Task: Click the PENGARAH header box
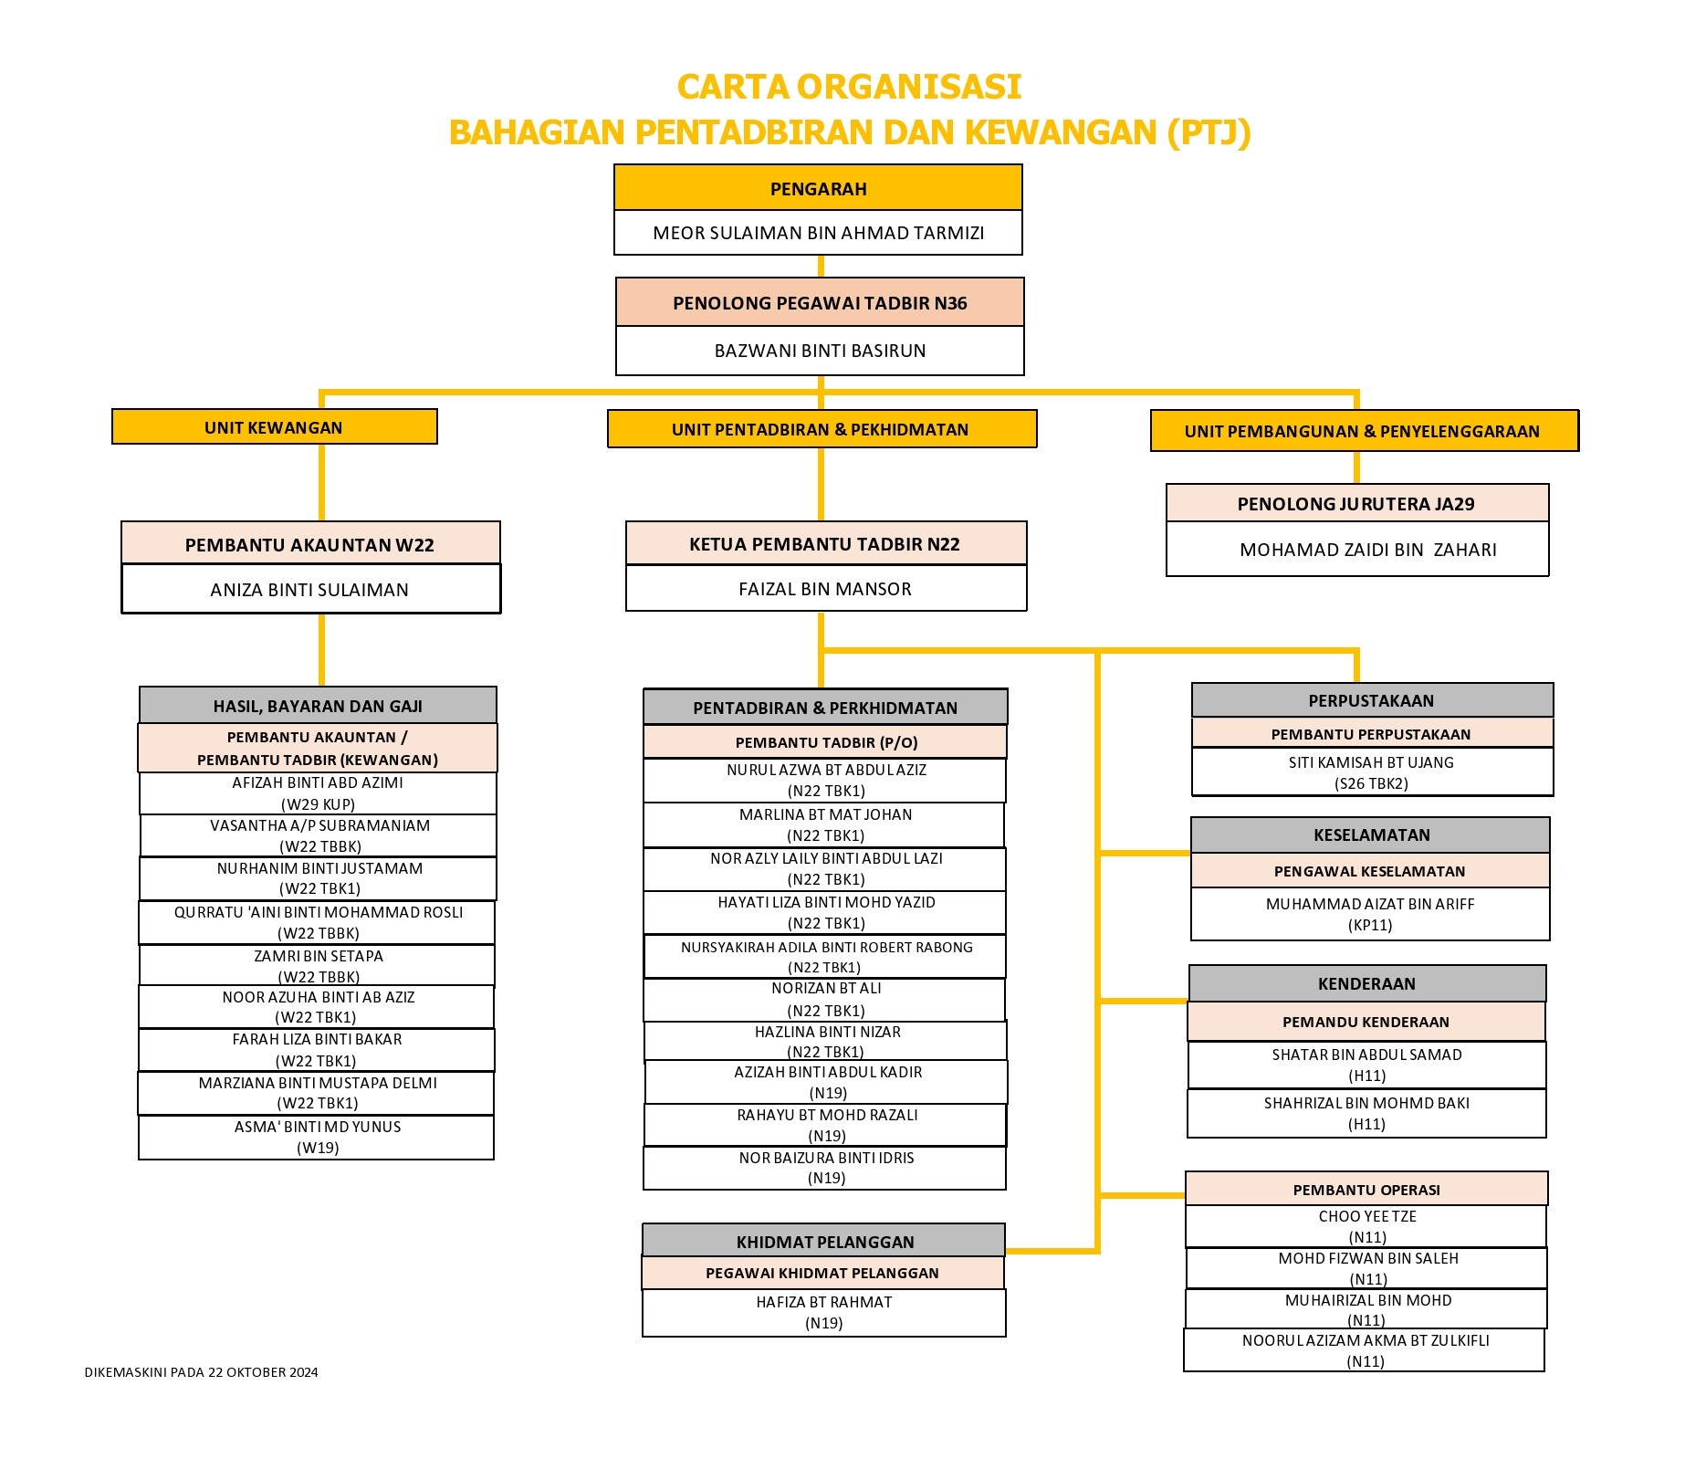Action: click(x=818, y=188)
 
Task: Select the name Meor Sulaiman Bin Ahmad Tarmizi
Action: click(x=818, y=233)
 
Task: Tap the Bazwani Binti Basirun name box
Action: click(x=820, y=351)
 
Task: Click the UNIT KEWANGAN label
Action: click(x=274, y=427)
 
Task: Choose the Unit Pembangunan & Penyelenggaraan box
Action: click(x=1364, y=431)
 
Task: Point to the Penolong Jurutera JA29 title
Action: click(x=1356, y=504)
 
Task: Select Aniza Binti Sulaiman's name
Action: click(x=309, y=590)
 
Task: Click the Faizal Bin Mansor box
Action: click(x=826, y=589)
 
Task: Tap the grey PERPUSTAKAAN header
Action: click(x=1372, y=700)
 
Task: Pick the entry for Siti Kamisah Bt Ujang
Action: click(x=1372, y=772)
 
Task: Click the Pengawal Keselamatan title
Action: click(x=1370, y=871)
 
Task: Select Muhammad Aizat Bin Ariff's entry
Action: click(x=1370, y=914)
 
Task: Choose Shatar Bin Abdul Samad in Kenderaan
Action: click(x=1366, y=1065)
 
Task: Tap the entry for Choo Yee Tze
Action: click(x=1366, y=1226)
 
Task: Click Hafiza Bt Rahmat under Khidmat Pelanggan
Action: click(x=824, y=1312)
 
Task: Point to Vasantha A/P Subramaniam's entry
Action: click(x=319, y=835)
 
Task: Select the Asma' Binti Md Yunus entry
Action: click(x=317, y=1137)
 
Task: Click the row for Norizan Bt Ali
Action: click(x=825, y=1000)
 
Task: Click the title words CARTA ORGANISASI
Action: click(x=849, y=87)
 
